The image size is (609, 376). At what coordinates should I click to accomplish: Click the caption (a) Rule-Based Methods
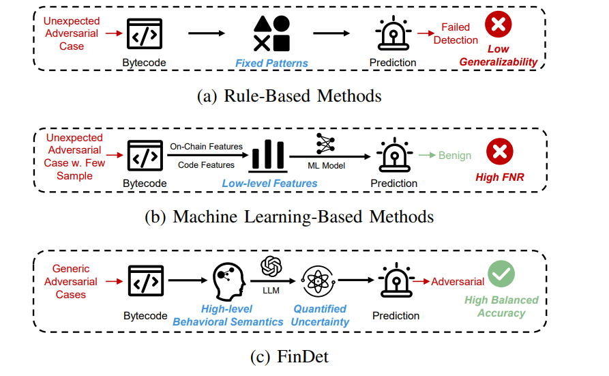[289, 96]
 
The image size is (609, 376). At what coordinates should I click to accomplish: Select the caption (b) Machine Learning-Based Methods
[289, 217]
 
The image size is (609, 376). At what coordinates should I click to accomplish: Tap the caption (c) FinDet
[289, 356]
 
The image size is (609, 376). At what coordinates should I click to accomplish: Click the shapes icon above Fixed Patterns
[271, 33]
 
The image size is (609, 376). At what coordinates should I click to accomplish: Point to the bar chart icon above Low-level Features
[267, 156]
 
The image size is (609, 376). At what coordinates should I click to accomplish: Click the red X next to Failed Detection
[498, 27]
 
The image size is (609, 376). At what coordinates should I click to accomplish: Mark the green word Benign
[455, 156]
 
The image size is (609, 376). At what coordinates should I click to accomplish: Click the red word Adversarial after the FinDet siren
[458, 281]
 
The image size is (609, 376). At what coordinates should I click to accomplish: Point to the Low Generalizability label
[498, 56]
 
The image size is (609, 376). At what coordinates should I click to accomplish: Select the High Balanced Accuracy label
[501, 306]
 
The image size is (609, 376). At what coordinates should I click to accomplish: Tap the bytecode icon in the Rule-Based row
[144, 33]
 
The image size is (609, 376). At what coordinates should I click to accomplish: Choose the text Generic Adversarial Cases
[72, 282]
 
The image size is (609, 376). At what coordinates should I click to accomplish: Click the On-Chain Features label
[205, 147]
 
